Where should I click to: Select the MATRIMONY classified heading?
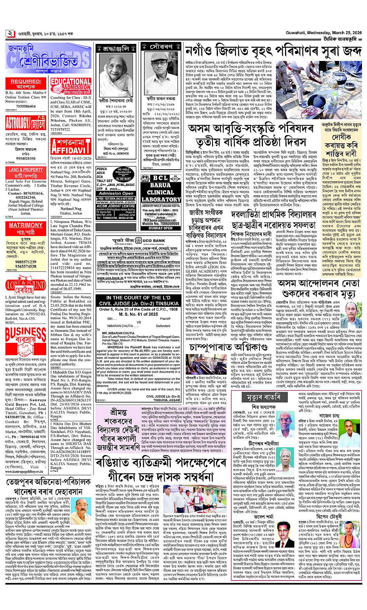click(x=26, y=225)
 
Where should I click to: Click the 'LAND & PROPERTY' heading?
click(x=26, y=170)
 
